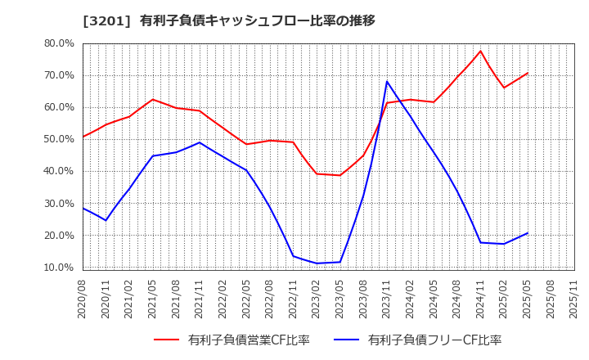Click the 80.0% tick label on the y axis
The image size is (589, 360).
(x=59, y=43)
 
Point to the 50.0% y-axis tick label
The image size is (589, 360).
(x=59, y=139)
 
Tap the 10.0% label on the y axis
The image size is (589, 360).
(x=59, y=268)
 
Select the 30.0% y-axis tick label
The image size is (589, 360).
(x=59, y=204)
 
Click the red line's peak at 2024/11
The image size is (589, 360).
(x=480, y=52)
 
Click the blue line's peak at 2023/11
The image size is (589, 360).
(x=387, y=81)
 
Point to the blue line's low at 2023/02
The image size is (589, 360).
(x=317, y=263)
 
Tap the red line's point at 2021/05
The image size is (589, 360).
(x=152, y=100)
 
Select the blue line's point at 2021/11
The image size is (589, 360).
(x=200, y=142)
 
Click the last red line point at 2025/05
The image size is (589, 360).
(x=528, y=73)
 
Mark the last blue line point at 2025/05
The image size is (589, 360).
(x=528, y=233)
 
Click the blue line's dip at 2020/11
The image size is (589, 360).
(x=106, y=220)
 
